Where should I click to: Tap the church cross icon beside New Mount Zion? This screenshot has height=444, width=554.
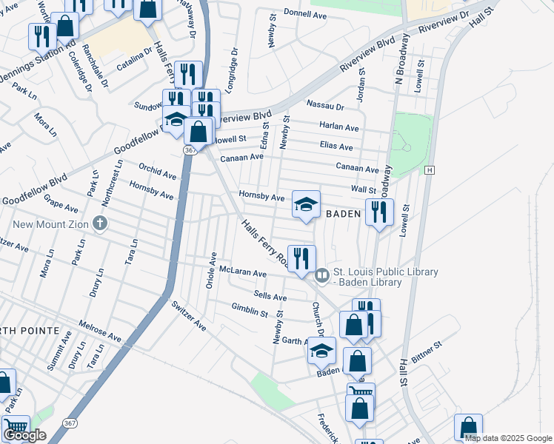pos(100,223)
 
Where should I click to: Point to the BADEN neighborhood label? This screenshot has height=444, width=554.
pos(343,213)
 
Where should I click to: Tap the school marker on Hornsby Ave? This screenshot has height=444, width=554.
pos(306,204)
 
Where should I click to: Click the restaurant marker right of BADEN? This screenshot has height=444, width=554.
pos(379,212)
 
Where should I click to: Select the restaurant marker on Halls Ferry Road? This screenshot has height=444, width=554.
pos(301,258)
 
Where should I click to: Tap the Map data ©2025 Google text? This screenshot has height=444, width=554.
pos(508,438)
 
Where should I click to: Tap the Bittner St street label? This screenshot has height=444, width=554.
pos(426,350)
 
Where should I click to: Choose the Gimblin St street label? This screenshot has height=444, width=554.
pos(250,311)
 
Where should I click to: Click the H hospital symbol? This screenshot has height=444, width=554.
pos(429,170)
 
